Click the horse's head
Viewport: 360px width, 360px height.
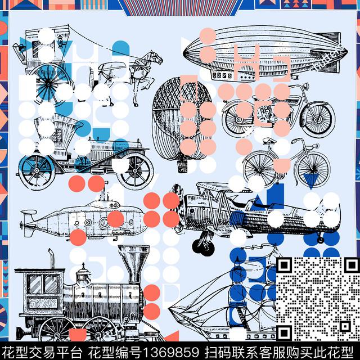coord(156,57)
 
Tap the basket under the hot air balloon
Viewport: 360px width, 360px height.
coord(182,166)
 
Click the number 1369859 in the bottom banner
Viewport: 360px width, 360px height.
coord(170,352)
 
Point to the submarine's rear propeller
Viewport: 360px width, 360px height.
coord(22,224)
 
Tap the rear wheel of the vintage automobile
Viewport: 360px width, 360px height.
coord(37,170)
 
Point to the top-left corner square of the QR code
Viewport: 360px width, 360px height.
coord(284,265)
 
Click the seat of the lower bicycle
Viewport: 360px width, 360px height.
coord(269,140)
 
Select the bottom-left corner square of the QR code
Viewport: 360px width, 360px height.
coord(284,332)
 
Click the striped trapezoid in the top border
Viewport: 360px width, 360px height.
coord(181,8)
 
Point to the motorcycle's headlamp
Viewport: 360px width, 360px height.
coord(306,86)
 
